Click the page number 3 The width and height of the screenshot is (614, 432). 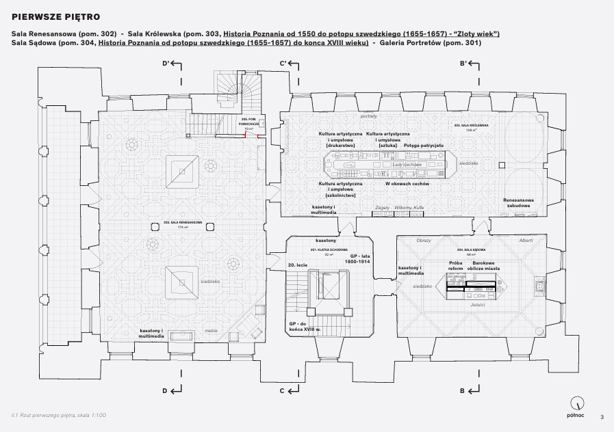coord(602,416)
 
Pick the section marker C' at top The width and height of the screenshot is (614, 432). coord(283,64)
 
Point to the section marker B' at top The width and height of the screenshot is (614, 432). coord(463,64)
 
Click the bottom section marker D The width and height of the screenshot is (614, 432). coord(166,390)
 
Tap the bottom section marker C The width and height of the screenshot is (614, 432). coord(282,390)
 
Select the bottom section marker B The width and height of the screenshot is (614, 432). coord(463,390)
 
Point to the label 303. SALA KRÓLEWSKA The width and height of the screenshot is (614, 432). coord(470,126)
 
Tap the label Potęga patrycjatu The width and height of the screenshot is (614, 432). coord(424,146)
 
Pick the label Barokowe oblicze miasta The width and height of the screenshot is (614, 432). coord(483,266)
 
